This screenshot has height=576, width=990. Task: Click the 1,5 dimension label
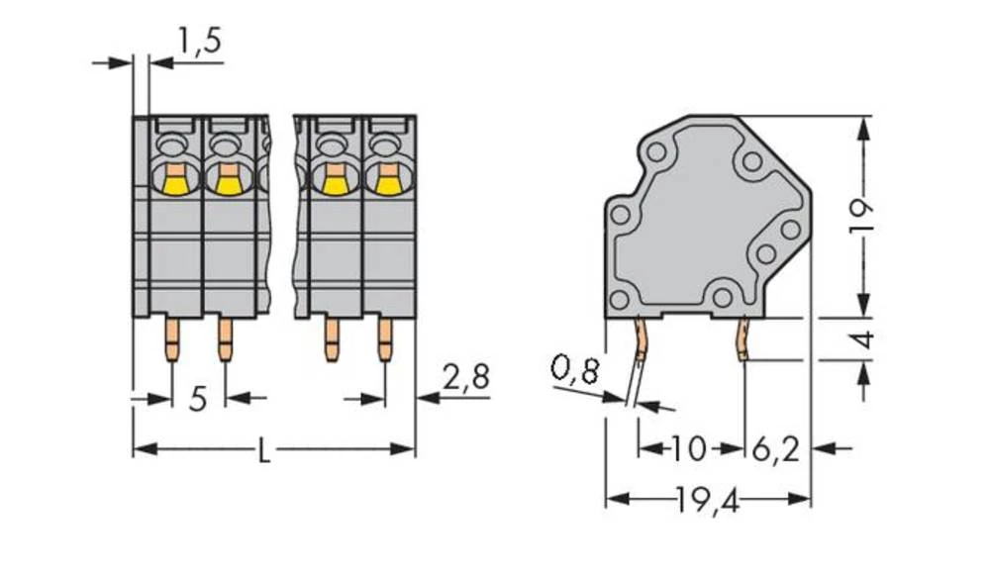coord(198,42)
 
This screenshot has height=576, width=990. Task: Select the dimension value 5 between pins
coord(198,400)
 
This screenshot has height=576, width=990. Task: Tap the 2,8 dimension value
coord(465,378)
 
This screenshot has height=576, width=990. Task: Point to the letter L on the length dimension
coord(263,452)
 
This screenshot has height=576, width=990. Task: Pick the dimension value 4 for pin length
coord(863,339)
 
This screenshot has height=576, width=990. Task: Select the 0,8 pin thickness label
coord(574,372)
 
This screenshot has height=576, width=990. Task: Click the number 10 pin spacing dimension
coord(689,449)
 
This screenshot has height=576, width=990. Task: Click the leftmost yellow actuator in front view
coord(175,181)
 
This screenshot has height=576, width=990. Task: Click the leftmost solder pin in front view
coord(172,338)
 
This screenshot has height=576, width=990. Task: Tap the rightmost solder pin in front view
coord(384,338)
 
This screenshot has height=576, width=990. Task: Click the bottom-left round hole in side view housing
coord(620,300)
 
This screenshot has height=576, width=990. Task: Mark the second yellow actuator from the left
coord(228,181)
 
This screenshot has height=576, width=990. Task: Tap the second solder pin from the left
coord(226,338)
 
